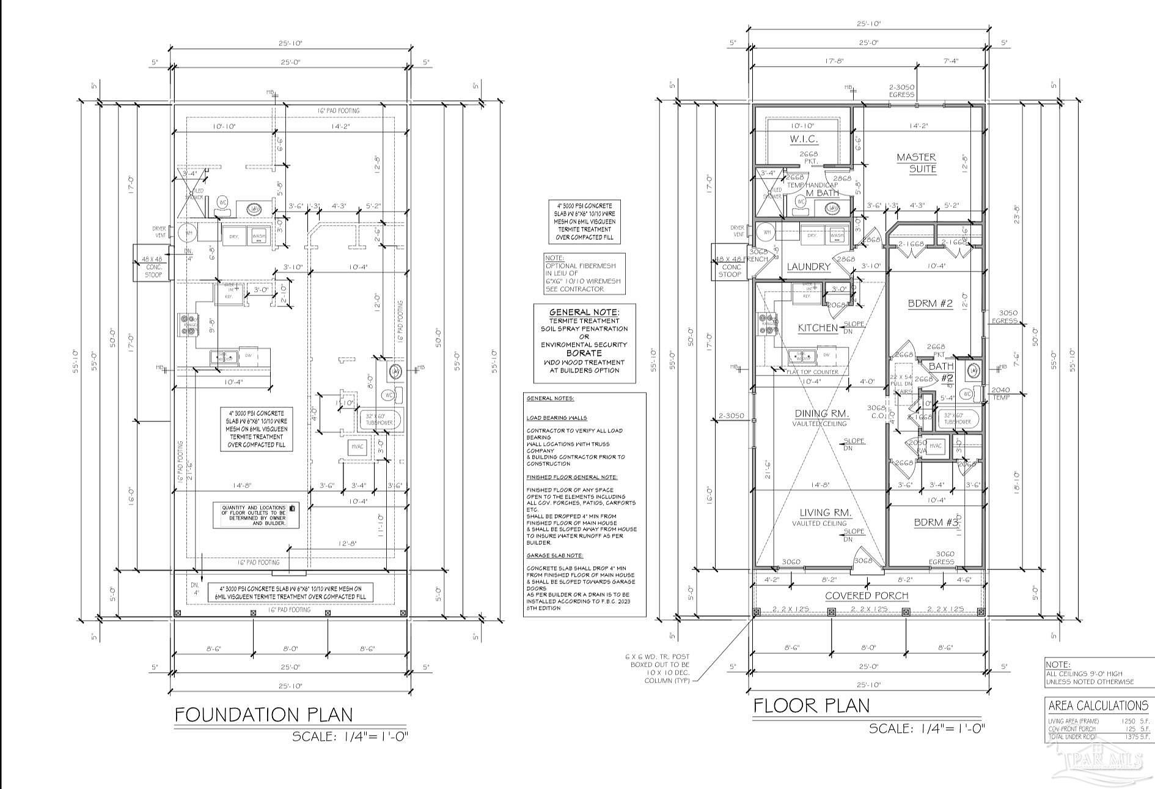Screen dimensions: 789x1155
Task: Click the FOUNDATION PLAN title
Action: click(263, 714)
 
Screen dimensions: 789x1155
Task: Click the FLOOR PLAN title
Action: click(811, 706)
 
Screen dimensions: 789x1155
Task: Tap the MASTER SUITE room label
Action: click(916, 163)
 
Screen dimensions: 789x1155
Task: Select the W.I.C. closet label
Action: click(804, 139)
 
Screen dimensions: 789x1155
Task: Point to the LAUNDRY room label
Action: click(809, 267)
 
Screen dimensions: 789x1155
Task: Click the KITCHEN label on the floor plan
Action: click(818, 328)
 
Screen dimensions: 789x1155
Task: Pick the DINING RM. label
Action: click(820, 413)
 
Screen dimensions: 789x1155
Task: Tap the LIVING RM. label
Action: click(826, 513)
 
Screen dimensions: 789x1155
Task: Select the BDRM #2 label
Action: click(930, 303)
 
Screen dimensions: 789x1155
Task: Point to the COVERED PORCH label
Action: click(867, 595)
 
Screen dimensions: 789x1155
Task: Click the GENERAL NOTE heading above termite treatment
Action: click(584, 312)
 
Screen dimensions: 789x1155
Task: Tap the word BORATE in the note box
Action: click(584, 353)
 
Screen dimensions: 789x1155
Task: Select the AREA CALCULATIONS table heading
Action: click(1098, 705)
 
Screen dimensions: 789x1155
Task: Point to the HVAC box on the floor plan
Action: click(935, 446)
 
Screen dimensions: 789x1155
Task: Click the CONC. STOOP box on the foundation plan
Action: click(152, 264)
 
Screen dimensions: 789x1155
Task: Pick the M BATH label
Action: click(822, 193)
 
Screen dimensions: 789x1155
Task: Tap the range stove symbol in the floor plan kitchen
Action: click(766, 324)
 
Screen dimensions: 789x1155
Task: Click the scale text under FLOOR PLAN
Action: click(926, 728)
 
